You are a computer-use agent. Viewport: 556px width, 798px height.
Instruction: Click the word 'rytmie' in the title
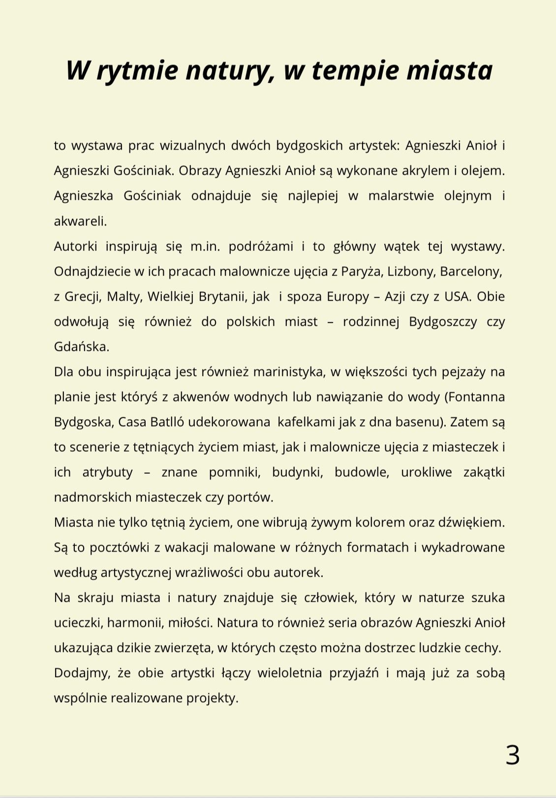(137, 70)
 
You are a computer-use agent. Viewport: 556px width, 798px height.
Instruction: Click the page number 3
(513, 755)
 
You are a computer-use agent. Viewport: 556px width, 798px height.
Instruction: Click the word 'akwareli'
(80, 221)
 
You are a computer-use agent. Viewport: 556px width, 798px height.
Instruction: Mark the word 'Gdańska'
(81, 347)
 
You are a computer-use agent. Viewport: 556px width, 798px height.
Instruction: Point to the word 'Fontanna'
(475, 397)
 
